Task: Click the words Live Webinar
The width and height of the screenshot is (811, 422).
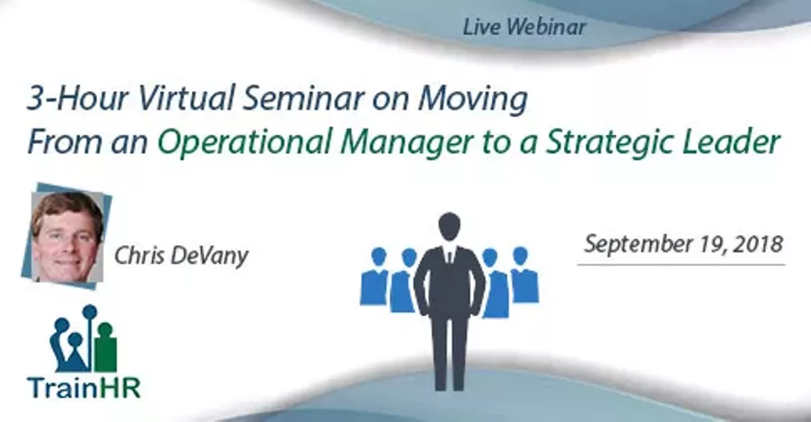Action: [524, 27]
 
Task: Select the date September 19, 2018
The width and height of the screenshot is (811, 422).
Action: [683, 244]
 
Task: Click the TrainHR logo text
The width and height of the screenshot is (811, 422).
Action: [84, 388]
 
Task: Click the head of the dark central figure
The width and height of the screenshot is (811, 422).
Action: [449, 226]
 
